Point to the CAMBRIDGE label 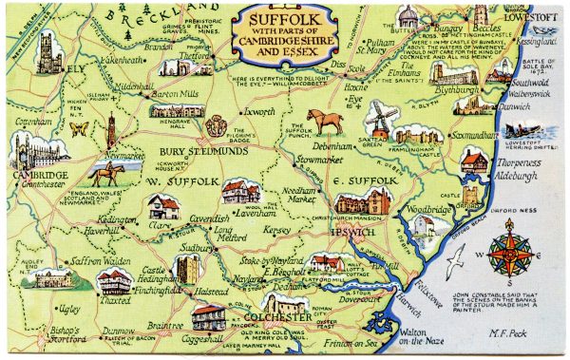coord(39,177)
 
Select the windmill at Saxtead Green coord(380,118)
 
